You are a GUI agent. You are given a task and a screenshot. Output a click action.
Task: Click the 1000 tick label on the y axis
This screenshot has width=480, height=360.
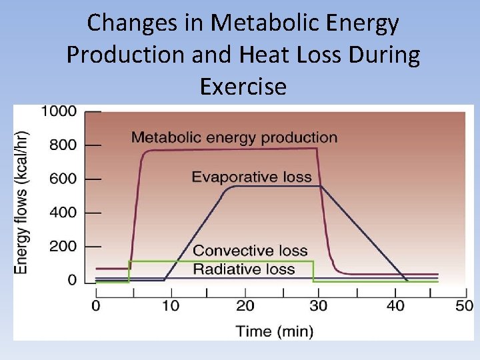click(x=59, y=111)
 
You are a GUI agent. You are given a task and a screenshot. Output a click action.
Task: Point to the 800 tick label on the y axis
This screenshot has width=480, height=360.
click(x=63, y=145)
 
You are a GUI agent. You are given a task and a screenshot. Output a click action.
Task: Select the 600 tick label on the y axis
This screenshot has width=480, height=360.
click(x=63, y=179)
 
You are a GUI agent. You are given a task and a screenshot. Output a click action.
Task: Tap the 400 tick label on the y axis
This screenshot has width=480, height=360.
click(x=63, y=213)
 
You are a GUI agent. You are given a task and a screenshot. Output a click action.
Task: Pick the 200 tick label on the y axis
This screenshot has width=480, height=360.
click(x=63, y=247)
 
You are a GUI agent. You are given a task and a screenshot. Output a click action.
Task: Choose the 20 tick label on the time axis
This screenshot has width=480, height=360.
click(x=245, y=306)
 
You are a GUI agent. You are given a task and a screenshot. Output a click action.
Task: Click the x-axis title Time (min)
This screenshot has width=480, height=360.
click(x=274, y=330)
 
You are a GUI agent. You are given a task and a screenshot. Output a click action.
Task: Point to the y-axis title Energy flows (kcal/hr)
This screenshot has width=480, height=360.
click(x=22, y=201)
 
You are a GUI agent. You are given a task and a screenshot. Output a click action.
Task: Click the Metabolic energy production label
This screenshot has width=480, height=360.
click(x=234, y=138)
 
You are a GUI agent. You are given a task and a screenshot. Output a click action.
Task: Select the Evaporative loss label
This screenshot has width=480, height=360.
click(x=251, y=177)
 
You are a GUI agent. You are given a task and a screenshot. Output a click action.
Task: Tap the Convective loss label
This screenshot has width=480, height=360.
click(x=250, y=251)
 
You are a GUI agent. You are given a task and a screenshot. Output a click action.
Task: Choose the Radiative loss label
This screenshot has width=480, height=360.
click(x=243, y=269)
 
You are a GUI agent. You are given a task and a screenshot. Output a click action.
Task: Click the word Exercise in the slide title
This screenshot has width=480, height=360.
click(x=243, y=86)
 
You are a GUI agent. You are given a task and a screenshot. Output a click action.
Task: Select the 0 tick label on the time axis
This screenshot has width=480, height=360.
click(x=96, y=306)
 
